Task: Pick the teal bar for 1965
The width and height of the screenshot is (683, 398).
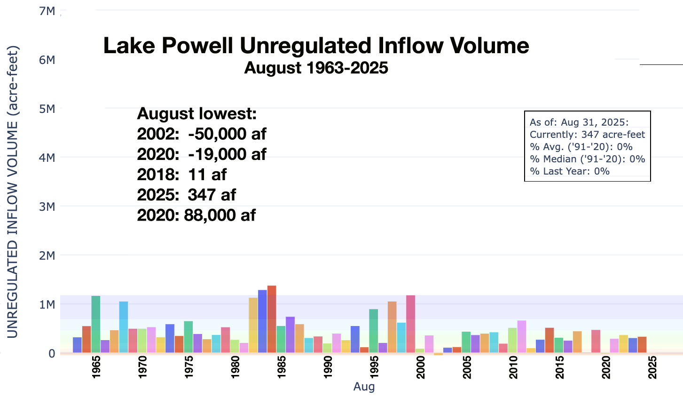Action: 96,324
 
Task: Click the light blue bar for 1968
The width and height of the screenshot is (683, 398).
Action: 124,327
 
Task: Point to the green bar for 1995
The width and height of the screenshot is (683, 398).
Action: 374,331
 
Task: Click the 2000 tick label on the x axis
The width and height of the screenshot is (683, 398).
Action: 420,367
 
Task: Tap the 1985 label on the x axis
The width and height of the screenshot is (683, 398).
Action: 282,367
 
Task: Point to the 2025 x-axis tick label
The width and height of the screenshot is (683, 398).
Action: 652,367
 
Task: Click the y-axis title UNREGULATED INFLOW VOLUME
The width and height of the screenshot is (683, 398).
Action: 13,192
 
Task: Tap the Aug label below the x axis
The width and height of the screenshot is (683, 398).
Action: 364,387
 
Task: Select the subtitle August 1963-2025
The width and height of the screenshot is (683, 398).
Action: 316,68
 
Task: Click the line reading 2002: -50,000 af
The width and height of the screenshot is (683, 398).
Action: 202,134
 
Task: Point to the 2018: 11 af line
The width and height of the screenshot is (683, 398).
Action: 182,175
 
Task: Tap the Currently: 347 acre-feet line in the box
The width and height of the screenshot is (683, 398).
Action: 587,135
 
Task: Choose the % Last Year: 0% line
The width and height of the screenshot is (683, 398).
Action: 569,171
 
